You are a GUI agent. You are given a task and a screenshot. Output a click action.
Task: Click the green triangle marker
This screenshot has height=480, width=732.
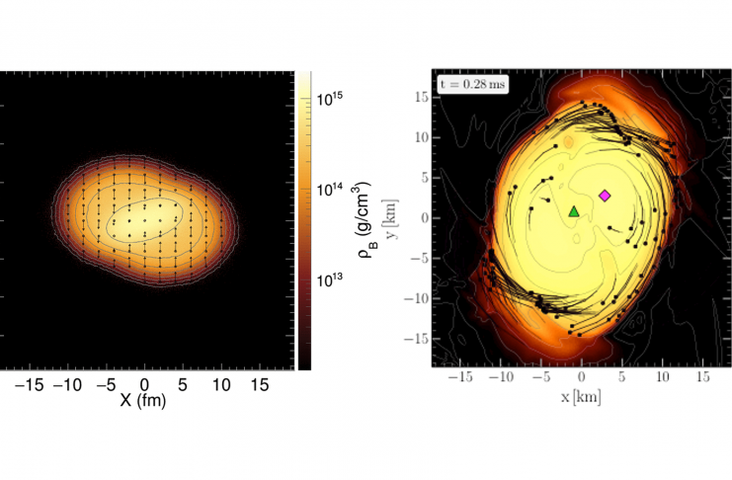coord(574,211)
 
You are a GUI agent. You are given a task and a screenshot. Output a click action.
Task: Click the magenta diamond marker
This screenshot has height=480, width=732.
coord(606,196)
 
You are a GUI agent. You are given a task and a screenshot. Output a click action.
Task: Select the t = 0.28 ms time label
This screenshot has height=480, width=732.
coord(473,85)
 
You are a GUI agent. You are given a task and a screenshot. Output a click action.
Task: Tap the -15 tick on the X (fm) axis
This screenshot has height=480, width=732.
coord(31,382)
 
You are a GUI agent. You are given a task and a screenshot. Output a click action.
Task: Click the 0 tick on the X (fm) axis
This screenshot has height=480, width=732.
coord(145,382)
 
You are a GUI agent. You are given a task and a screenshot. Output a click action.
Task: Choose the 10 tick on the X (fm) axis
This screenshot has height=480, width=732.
coord(219,382)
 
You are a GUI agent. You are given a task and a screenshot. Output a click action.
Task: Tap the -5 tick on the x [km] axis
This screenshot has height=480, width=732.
coord(538,377)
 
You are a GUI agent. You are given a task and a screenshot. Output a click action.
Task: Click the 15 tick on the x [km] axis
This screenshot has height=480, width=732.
coord(702,377)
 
